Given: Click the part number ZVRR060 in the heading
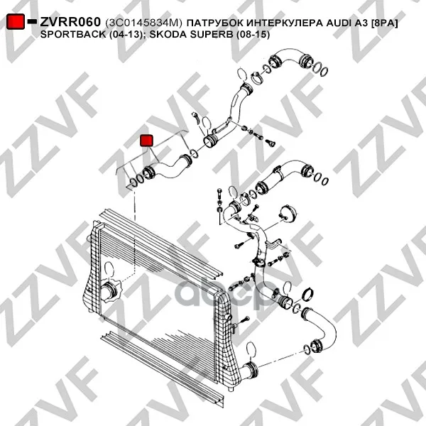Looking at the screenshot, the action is point(70,22).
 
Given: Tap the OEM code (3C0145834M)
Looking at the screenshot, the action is point(143,23).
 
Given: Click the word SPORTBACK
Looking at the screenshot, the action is point(73,34).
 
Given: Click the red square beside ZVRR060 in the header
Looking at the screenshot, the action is point(16,21).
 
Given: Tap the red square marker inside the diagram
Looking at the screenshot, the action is point(146,141).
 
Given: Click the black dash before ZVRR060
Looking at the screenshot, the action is point(32,21).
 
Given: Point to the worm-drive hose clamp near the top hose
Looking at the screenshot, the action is point(256,77).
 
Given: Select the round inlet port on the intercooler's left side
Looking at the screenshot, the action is point(110,292).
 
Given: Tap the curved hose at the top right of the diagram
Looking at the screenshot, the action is point(290,58).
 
